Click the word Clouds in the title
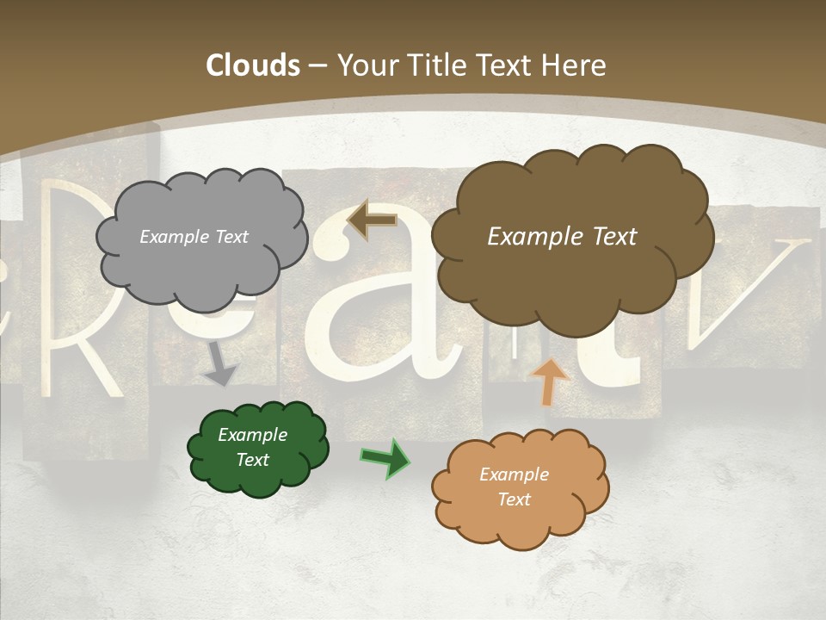point(252,65)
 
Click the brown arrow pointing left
point(372,220)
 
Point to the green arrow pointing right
point(385,457)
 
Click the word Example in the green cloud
point(252,435)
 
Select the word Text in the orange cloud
point(514,499)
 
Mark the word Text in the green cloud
point(252,460)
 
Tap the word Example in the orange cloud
point(514,474)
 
